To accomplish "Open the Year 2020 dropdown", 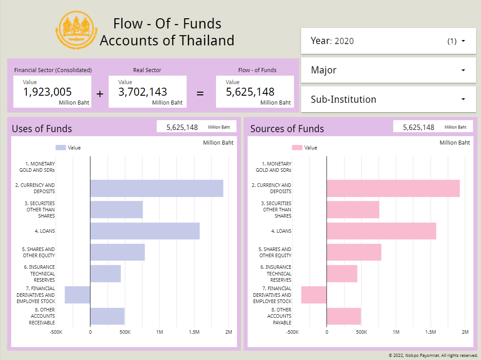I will [388, 41].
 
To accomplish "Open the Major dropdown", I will [388, 70].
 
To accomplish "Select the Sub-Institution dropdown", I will [388, 99].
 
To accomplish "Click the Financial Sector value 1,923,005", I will [48, 92].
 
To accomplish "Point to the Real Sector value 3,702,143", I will [143, 92].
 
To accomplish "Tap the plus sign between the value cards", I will [100, 94].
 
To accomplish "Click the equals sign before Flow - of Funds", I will [200, 94].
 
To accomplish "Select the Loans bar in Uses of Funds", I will [145, 231].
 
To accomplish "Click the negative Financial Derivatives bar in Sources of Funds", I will [314, 295].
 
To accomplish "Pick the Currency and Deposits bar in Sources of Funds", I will [393, 188].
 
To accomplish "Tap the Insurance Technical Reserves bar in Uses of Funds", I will [106, 273].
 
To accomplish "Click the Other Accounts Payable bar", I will [343, 316].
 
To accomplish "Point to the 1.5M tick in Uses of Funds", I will [194, 332].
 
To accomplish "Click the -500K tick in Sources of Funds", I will [292, 332].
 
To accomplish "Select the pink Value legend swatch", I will [297, 148].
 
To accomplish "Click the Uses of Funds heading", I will [42, 129].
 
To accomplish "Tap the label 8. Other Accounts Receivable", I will [42, 316].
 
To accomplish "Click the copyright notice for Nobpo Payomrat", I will [433, 356].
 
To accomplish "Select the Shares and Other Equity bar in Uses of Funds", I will [118, 252].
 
